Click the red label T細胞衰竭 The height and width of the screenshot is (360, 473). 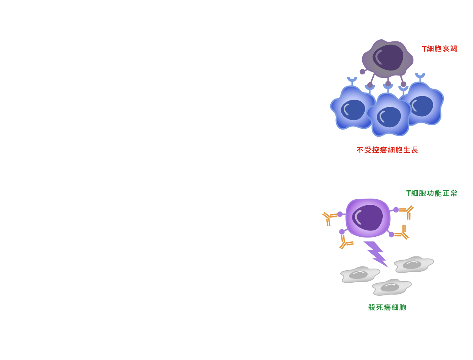439,49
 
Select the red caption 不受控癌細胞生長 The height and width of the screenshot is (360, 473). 387,150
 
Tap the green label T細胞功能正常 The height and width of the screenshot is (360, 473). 431,193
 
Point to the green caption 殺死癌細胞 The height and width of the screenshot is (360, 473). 387,307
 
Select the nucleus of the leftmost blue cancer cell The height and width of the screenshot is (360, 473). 352,110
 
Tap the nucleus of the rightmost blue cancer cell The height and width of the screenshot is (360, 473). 421,106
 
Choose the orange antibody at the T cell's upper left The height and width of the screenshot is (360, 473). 329,218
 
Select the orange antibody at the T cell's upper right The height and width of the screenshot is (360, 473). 407,212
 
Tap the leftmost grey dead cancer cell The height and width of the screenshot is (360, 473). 359,275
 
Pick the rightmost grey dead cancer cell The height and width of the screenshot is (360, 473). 413,264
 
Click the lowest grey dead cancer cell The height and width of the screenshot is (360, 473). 391,287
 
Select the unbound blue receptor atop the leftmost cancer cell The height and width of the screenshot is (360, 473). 352,81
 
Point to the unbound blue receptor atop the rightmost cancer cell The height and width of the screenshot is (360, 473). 420,76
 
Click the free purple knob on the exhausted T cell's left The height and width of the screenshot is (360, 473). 362,72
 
